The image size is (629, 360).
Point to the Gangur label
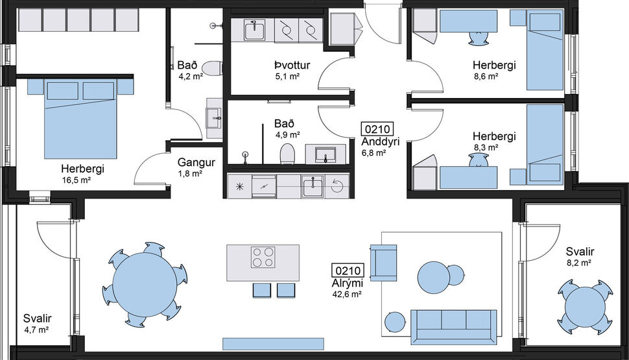tap(191, 163)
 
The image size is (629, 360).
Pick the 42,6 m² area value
tap(347, 294)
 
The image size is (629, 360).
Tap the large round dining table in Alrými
tap(144, 283)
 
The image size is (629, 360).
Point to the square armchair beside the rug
tap(383, 263)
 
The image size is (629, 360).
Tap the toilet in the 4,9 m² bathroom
tap(287, 154)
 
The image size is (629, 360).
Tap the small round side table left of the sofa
tap(394, 321)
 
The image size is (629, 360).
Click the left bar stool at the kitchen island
tap(261, 291)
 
